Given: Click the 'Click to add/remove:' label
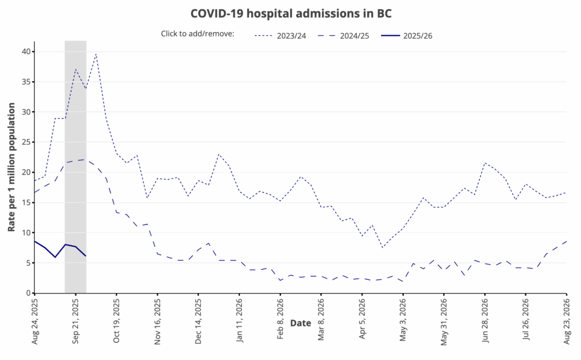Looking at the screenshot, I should (x=197, y=35).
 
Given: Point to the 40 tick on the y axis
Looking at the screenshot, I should (x=26, y=52).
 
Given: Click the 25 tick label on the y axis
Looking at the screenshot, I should (x=26, y=142).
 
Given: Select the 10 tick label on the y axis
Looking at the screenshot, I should (x=26, y=233).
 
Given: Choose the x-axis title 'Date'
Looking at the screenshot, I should (x=301, y=323).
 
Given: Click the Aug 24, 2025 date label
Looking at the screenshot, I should (x=35, y=323).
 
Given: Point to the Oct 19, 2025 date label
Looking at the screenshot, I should (x=117, y=323).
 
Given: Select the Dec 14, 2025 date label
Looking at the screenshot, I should (x=199, y=323).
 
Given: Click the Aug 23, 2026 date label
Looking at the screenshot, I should (x=566, y=323).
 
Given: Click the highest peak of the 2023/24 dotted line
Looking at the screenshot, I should (x=96, y=54).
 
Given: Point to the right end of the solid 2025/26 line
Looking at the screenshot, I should (x=86, y=256).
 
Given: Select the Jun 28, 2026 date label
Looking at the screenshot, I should (x=485, y=323).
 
